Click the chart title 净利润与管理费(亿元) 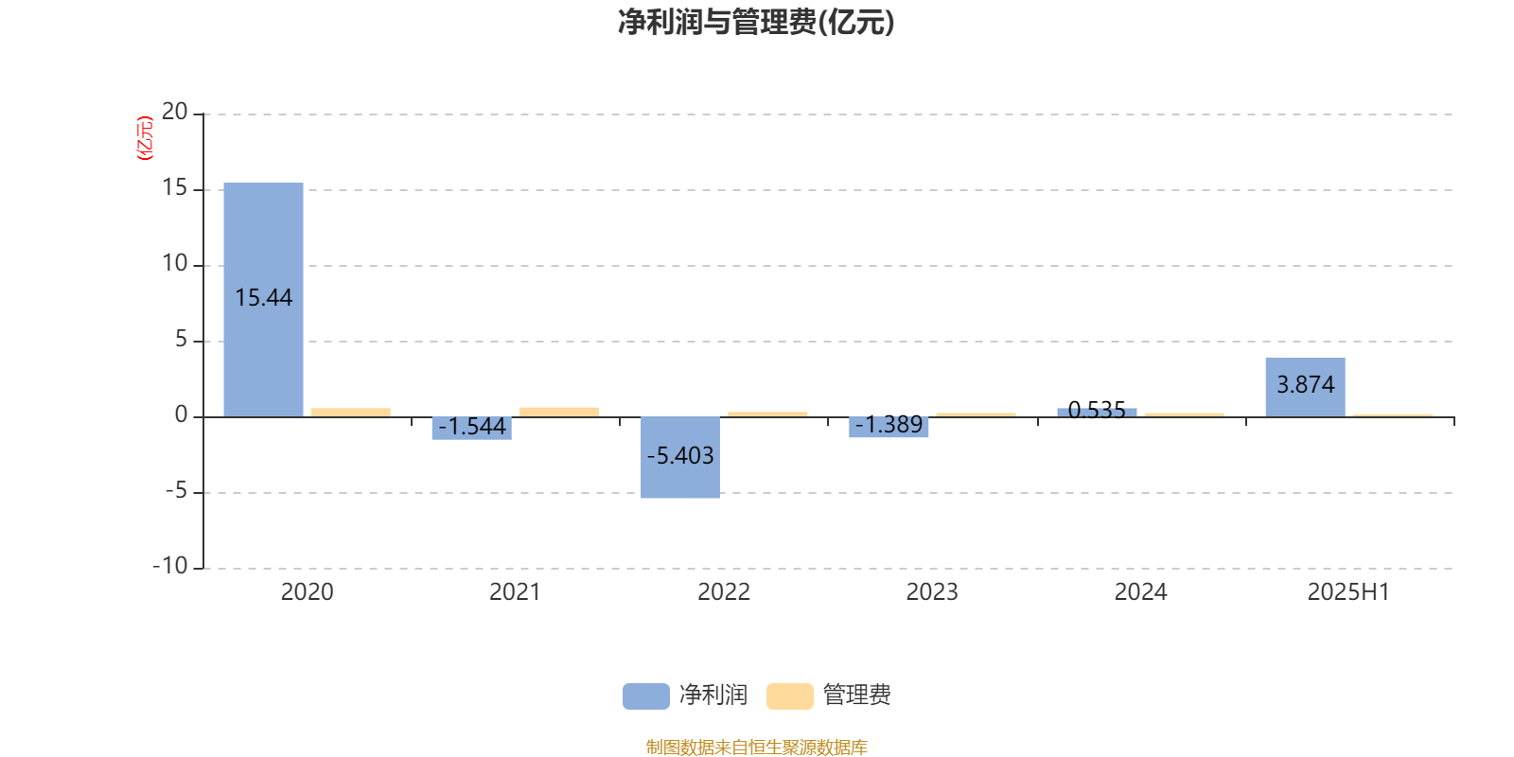[x=756, y=23]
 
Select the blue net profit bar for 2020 [x=264, y=299]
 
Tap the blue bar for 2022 [x=680, y=458]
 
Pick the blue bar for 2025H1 [x=1305, y=387]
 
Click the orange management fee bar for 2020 [x=351, y=413]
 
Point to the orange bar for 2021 [x=559, y=413]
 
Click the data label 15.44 [x=264, y=297]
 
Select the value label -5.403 [x=680, y=455]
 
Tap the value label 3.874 [x=1305, y=384]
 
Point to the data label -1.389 [x=889, y=425]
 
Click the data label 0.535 [x=1097, y=410]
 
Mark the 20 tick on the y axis [x=175, y=113]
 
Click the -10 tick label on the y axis [x=170, y=566]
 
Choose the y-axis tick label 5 [x=181, y=340]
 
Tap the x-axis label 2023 [x=932, y=592]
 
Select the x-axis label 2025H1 [x=1348, y=592]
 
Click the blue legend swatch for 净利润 [x=646, y=696]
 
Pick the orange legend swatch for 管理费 [x=789, y=696]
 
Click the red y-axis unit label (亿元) [x=145, y=138]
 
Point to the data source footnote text [x=756, y=747]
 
